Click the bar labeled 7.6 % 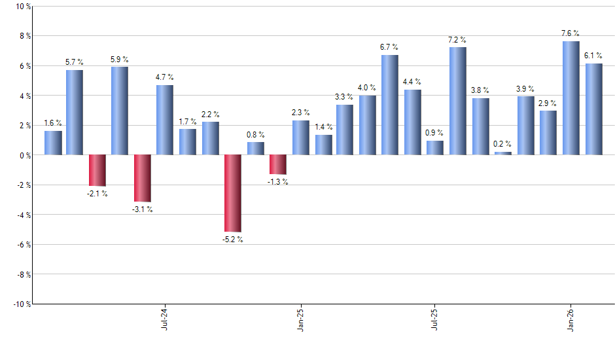571,98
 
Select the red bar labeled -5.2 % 233,193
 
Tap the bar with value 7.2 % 458,101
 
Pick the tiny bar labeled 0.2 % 503,153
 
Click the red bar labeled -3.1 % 143,178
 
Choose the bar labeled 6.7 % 390,105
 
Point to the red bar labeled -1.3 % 278,164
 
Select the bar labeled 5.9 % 120,111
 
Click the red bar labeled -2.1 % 97,170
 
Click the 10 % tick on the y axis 22,7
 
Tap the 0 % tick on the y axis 24,155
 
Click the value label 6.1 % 593,55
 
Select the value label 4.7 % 165,77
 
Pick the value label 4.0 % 367,87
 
